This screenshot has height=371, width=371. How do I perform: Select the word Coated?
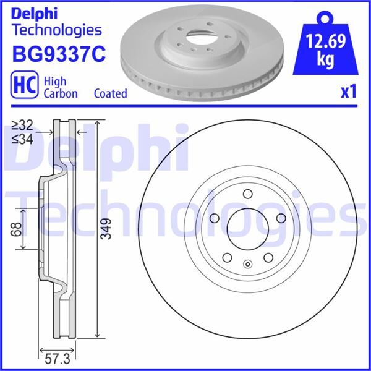(110, 93)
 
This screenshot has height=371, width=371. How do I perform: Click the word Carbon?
(60, 93)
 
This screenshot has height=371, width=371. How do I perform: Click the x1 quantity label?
(349, 92)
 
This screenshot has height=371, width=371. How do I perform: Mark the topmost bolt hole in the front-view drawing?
(247, 192)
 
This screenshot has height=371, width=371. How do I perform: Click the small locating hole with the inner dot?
(247, 266)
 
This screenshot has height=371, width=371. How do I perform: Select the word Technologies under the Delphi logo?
(56, 30)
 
